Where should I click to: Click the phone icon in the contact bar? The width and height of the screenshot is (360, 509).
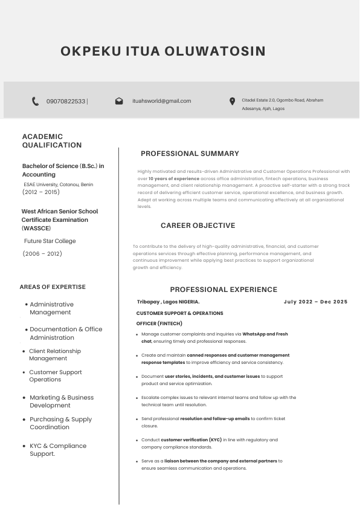tap(36, 102)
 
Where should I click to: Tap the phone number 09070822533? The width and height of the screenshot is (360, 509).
tap(66, 102)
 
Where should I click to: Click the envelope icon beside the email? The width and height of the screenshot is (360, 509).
tap(119, 102)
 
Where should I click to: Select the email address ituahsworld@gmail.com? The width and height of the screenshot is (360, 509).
tap(161, 101)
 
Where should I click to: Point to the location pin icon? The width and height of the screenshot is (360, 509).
tap(232, 102)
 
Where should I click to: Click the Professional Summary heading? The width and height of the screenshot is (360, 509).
tap(190, 154)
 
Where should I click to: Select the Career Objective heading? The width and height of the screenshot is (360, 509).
tap(198, 225)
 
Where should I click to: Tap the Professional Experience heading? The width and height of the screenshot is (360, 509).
tap(223, 290)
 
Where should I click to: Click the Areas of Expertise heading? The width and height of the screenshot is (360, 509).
tap(53, 287)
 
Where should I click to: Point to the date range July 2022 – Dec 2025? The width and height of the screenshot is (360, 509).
tap(315, 302)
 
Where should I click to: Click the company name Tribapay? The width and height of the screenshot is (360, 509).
tap(148, 302)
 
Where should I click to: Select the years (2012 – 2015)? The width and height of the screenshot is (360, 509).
tap(41, 192)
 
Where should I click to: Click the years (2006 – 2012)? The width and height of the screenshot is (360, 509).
tap(42, 254)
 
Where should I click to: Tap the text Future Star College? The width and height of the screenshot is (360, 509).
tap(50, 241)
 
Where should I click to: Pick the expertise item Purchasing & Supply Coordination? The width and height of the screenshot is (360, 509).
tap(60, 423)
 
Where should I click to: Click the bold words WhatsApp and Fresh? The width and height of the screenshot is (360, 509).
tap(265, 334)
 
